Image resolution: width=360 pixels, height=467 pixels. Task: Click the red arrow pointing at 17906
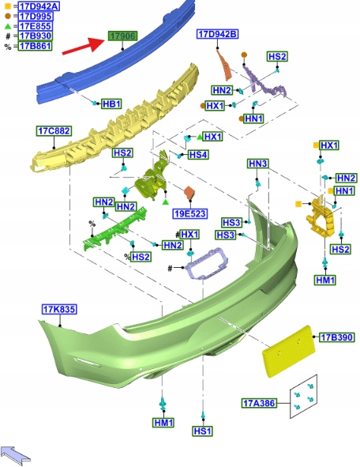click(x=84, y=46)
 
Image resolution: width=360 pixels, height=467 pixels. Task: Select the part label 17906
click(x=122, y=36)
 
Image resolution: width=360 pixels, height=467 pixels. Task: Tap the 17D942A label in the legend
click(x=39, y=6)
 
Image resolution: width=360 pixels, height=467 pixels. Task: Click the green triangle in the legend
click(x=8, y=26)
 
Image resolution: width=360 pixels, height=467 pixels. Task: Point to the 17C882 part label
click(x=54, y=130)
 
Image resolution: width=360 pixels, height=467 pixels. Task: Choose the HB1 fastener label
click(x=111, y=104)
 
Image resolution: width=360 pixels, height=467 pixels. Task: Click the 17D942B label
click(x=218, y=34)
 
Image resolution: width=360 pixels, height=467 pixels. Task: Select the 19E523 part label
click(x=189, y=213)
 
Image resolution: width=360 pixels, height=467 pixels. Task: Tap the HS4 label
click(x=198, y=155)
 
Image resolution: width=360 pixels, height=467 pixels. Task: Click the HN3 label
click(x=258, y=164)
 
